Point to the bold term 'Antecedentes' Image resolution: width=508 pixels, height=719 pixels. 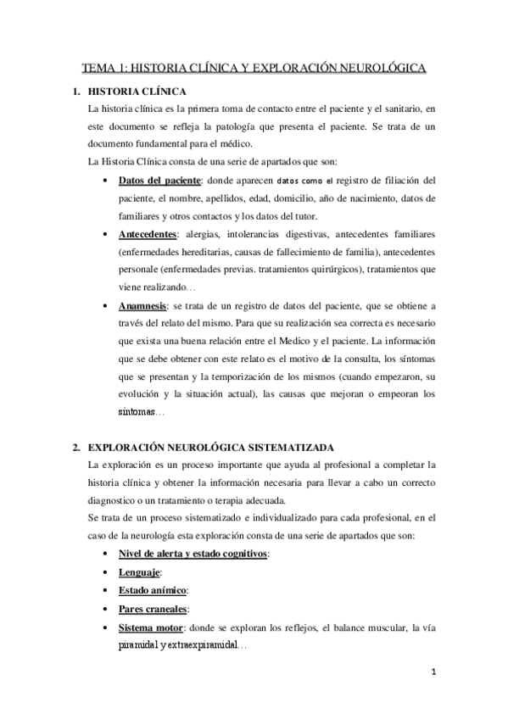pyautogui.click(x=148, y=232)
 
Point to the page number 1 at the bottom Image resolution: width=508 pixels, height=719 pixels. pyautogui.click(x=433, y=674)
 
